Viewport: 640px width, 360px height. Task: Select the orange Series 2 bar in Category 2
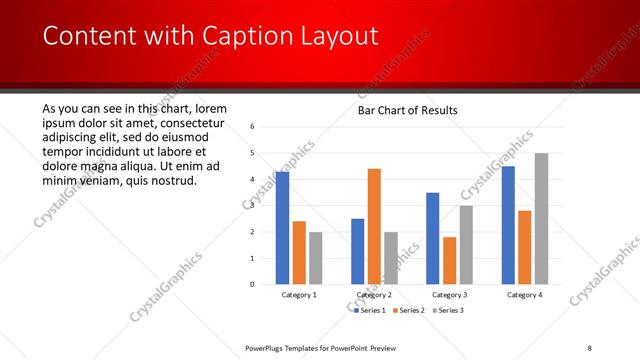[374, 226]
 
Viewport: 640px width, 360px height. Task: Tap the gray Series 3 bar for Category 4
[541, 218]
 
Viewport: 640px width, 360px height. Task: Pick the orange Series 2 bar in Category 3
[450, 260]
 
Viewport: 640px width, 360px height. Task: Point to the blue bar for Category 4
[508, 225]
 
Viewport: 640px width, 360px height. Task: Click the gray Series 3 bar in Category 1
[315, 258]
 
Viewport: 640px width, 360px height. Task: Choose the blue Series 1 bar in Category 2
[358, 251]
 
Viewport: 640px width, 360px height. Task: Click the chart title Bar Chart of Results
[408, 110]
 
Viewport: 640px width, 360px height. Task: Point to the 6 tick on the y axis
[253, 127]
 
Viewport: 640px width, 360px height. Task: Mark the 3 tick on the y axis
[253, 206]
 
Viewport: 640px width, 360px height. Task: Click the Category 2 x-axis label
[373, 295]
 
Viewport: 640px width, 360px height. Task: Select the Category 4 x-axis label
[524, 295]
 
